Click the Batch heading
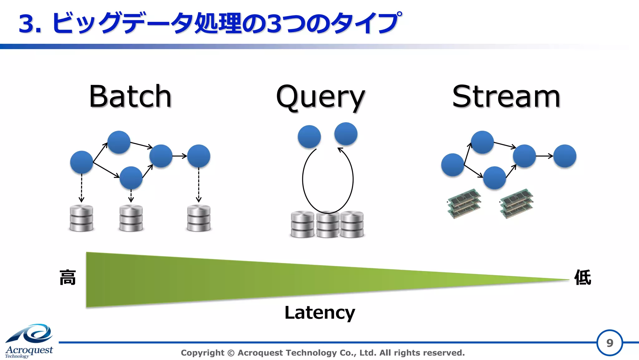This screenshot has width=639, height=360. pos(130,96)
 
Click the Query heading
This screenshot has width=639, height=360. pos(320,97)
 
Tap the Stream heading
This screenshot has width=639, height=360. pos(506,96)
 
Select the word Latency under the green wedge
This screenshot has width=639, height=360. pos(320,313)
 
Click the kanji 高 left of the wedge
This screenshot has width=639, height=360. pos(68,278)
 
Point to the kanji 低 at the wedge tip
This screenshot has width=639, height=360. pos(583,277)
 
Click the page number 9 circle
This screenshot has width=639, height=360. pos(609,343)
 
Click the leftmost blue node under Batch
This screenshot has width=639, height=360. pos(81,162)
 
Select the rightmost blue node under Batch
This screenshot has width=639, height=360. pos(199,156)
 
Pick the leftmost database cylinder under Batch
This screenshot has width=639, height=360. pos(81,218)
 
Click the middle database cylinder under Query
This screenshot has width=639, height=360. pos(328,225)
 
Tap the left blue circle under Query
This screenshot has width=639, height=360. pos(309,137)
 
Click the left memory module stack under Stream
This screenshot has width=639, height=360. pos(464,203)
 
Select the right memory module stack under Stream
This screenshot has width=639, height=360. pos(516,203)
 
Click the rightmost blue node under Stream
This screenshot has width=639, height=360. pos(565,156)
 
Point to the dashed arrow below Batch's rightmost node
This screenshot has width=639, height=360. pos(199,185)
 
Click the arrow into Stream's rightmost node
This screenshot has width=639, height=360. pos(544,156)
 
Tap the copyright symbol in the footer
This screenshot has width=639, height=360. pos(231,353)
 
